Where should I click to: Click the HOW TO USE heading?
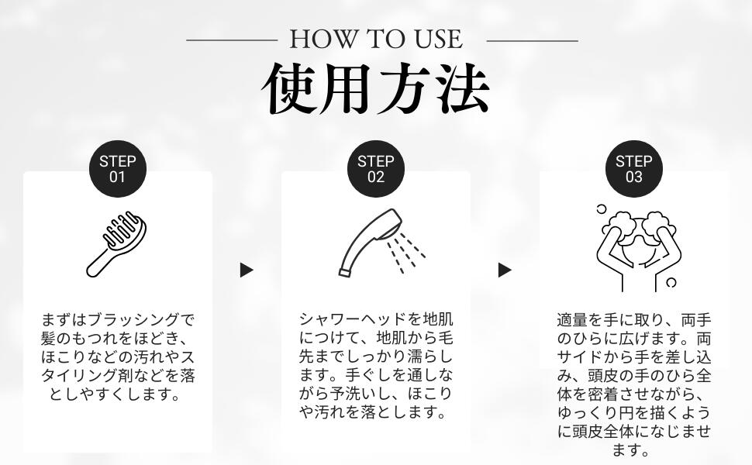(x=376, y=40)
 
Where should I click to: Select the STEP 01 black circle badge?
(x=118, y=169)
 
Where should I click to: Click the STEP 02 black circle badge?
(x=376, y=169)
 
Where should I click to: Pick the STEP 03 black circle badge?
(x=634, y=169)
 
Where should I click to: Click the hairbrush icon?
(x=116, y=243)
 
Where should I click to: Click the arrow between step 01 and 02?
(x=247, y=270)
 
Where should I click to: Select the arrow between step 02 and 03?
(x=505, y=270)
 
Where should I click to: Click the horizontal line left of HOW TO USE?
(x=232, y=40)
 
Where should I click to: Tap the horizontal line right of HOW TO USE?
(x=533, y=41)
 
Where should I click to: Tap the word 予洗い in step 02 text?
(x=353, y=394)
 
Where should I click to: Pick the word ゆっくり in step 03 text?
(x=595, y=413)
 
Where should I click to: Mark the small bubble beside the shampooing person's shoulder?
(x=671, y=282)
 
